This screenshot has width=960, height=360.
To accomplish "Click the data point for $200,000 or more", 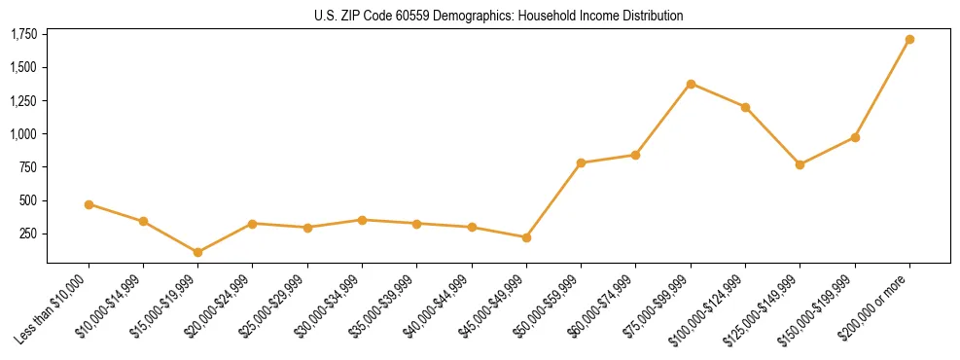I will [909, 40].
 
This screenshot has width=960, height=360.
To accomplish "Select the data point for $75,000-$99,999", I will [691, 84].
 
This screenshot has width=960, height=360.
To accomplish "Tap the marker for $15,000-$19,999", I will [197, 252].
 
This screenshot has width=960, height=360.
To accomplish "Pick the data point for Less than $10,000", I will [89, 204].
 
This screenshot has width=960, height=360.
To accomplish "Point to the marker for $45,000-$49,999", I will [526, 237].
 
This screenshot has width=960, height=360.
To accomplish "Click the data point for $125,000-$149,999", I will [800, 164].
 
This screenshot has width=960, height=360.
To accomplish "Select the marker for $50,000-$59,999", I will [581, 162].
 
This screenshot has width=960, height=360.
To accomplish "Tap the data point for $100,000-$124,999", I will [745, 107].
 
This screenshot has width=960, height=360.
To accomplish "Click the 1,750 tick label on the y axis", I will [23, 35].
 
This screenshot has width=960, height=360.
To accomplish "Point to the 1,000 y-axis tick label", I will [23, 134].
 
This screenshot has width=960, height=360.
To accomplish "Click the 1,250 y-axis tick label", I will [23, 101].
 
